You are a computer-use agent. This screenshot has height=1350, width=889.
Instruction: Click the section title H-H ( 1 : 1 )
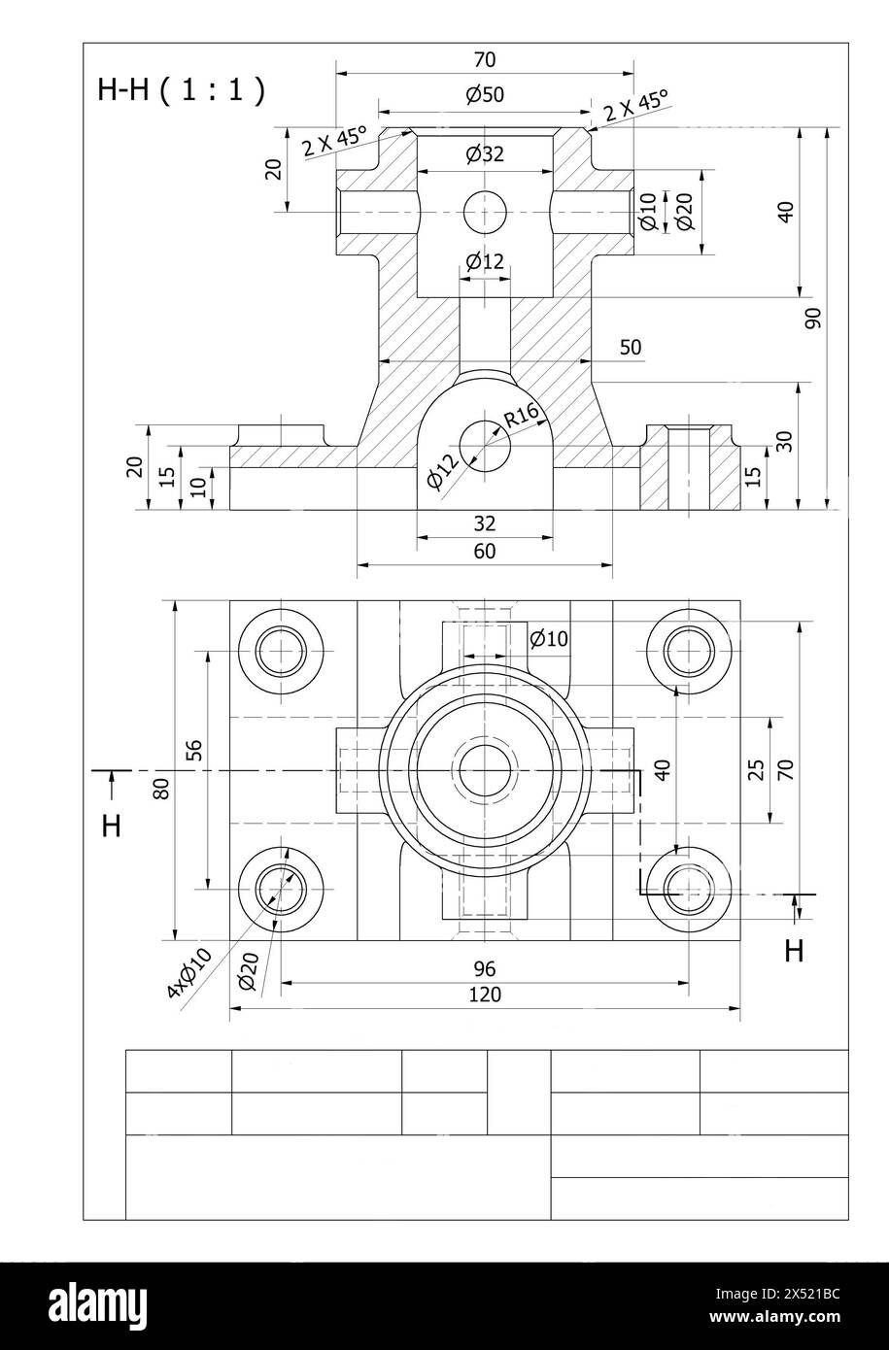coord(181,90)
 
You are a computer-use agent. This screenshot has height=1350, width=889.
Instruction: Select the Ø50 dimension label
coord(485,95)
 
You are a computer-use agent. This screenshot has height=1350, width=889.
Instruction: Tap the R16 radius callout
coord(522,416)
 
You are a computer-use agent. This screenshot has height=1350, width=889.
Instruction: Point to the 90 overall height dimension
coord(813,318)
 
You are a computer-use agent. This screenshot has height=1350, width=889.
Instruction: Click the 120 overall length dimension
coord(485,995)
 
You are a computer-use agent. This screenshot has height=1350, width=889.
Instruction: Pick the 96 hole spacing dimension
coord(485,968)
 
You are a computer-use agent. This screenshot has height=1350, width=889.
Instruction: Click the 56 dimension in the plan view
coord(194,749)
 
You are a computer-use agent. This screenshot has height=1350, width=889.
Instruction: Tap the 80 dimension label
coord(162,788)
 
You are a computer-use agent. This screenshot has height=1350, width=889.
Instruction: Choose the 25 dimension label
coord(756,770)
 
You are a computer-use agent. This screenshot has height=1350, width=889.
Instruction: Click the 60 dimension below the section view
coord(485,552)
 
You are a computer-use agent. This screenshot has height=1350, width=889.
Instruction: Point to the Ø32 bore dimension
coord(485,153)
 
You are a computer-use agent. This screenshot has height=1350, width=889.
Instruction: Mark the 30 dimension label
coord(785,441)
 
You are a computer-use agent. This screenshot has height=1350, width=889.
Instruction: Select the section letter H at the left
coord(112,827)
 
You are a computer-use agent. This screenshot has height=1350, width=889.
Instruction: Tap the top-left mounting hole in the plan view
coord(281,651)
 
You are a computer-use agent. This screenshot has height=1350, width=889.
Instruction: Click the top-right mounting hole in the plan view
coord(689,651)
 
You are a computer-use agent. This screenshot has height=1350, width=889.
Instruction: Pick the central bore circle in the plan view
coord(484,771)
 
